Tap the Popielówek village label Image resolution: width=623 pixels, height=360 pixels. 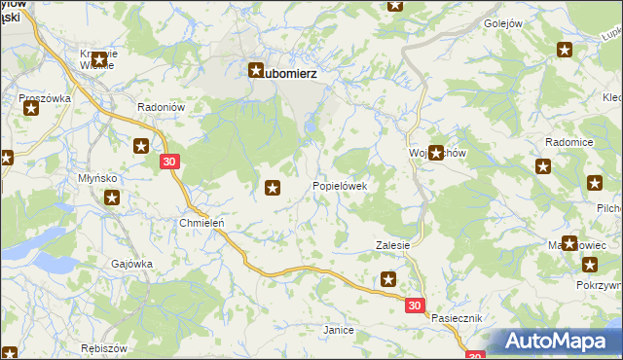[339, 186]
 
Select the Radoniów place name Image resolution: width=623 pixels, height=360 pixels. [155, 108]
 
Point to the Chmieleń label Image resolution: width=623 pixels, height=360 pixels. [202, 222]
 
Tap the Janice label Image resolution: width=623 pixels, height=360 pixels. [338, 331]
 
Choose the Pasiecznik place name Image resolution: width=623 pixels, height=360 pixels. [458, 319]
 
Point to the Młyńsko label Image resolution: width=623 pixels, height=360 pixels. [97, 179]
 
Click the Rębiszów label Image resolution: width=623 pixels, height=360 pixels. [107, 349]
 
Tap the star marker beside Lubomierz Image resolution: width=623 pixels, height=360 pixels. [256, 71]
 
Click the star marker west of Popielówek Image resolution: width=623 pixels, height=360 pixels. [274, 188]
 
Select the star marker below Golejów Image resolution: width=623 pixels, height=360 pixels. [565, 50]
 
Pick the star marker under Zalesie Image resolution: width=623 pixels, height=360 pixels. [388, 280]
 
